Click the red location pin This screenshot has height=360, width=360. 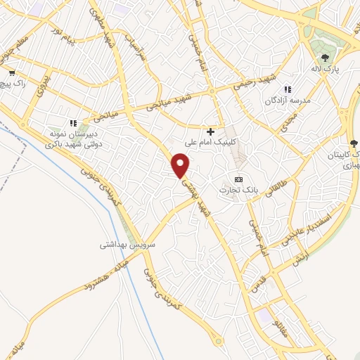click(181, 166)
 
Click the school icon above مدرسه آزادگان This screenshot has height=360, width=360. click(287, 89)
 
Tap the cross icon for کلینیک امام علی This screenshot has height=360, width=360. click(210, 131)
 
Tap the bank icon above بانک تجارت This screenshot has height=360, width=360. click(238, 179)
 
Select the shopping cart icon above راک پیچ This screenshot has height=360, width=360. click(12, 72)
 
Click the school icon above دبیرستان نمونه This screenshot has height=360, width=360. click(73, 124)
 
